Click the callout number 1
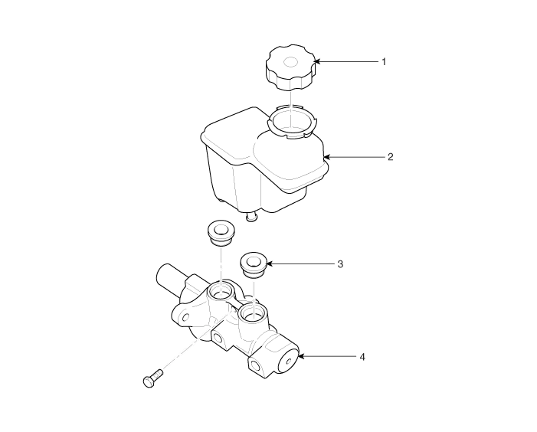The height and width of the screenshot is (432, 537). [384, 62]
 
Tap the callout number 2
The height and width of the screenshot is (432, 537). [391, 157]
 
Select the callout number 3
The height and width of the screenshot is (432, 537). [340, 264]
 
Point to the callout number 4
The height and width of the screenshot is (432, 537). [362, 357]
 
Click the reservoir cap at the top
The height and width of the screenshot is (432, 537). [290, 67]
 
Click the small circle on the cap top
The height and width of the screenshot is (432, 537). [291, 62]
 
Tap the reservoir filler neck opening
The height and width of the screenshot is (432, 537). [292, 120]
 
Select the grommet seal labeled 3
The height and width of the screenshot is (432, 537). [253, 265]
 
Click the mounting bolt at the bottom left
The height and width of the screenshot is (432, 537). [152, 378]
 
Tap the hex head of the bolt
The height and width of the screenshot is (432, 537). [148, 381]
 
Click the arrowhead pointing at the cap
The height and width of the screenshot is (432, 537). [317, 61]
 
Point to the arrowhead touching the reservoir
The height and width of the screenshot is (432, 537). [327, 157]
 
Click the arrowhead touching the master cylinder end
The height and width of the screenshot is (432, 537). [301, 357]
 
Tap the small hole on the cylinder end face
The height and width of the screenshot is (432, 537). [289, 361]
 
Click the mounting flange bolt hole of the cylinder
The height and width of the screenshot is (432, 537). [186, 317]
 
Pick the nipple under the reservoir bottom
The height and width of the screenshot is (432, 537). [252, 216]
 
